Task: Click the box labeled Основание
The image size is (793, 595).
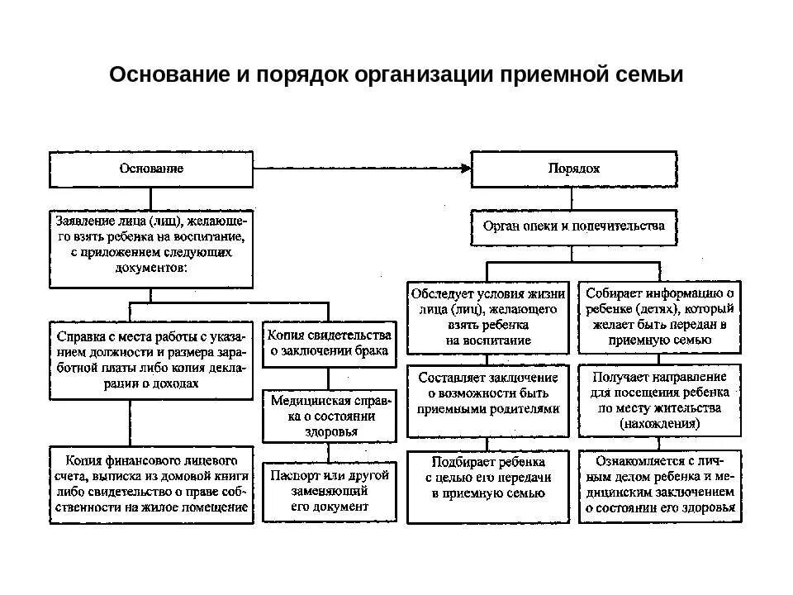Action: click(151, 169)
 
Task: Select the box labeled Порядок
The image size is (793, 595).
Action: click(573, 169)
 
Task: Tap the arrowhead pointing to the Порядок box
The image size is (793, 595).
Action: click(465, 169)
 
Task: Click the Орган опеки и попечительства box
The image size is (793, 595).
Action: click(573, 226)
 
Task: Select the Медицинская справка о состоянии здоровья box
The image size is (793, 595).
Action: click(328, 416)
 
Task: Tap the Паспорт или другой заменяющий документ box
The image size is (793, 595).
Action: click(328, 491)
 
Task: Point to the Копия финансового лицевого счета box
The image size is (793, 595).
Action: click(151, 483)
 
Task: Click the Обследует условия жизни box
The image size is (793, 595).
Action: click(487, 317)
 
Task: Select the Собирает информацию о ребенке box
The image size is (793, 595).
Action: click(659, 317)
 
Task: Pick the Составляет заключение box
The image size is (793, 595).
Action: click(487, 400)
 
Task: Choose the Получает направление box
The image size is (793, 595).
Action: click(659, 400)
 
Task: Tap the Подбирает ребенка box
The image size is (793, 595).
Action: click(487, 486)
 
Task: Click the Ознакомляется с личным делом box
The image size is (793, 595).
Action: click(659, 486)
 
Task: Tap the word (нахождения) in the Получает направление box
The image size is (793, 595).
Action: click(659, 423)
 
